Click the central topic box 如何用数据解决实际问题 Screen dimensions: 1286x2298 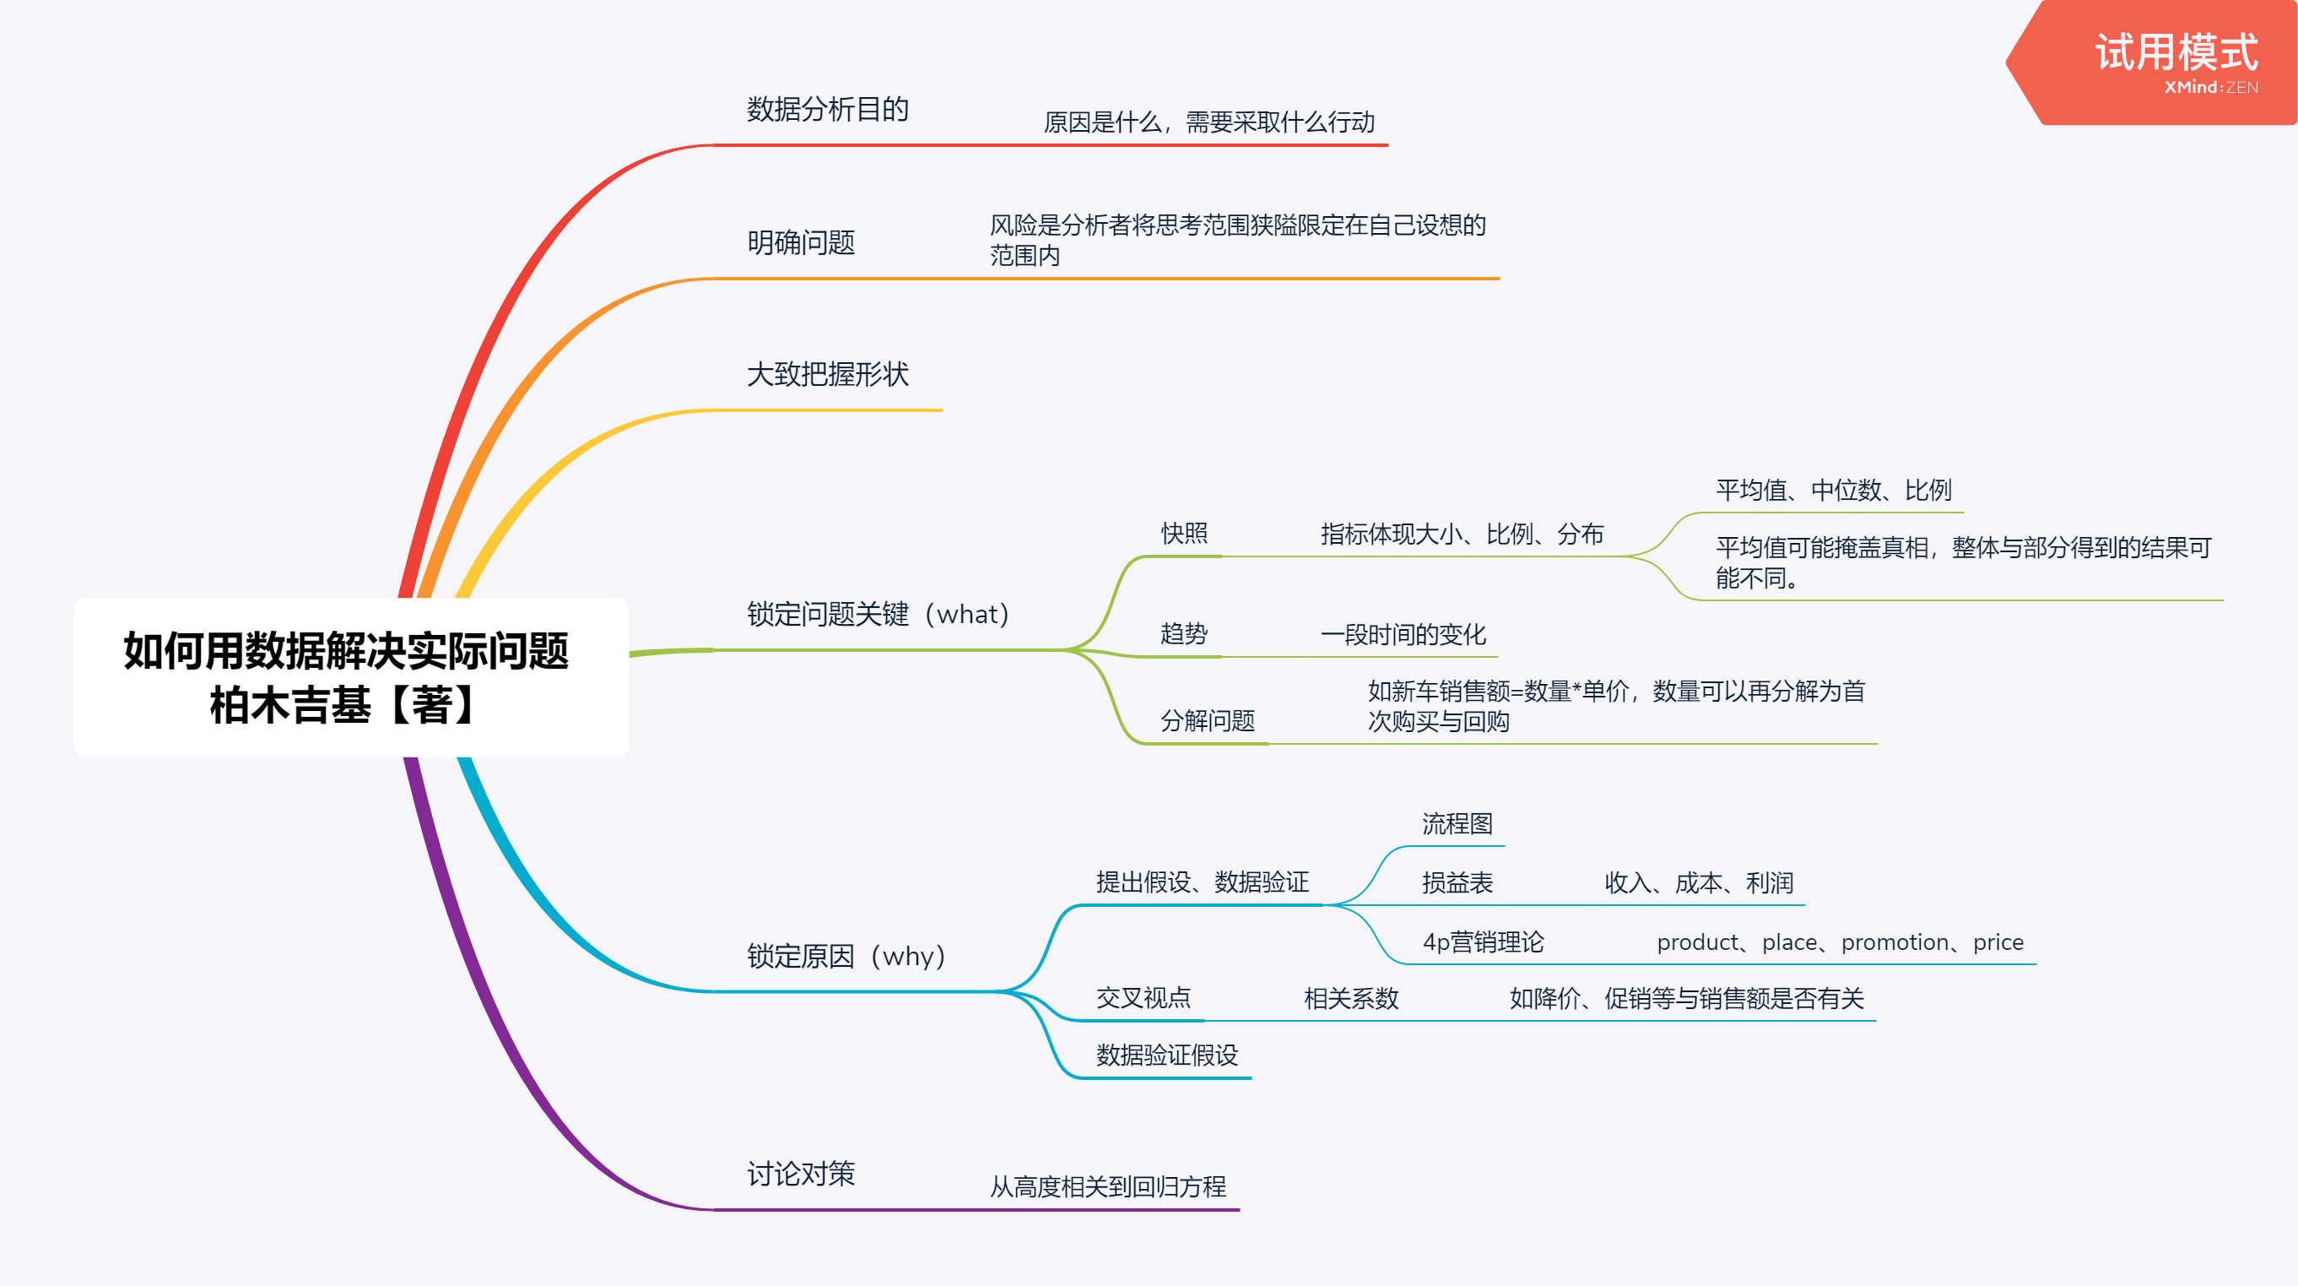pos(350,677)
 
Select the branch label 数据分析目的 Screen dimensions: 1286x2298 pos(827,110)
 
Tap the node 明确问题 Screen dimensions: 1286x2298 pos(800,242)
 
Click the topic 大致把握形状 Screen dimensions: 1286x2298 pos(827,375)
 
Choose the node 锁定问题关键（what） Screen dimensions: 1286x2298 pos(878,614)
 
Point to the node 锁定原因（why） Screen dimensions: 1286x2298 pos(846,956)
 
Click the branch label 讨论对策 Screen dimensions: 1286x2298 pos(800,1174)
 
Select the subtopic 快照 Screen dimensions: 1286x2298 pos(1184,534)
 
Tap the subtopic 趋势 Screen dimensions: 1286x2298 pos(1184,633)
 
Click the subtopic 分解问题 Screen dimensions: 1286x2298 pos(1207,720)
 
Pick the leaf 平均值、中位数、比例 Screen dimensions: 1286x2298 pos(1833,490)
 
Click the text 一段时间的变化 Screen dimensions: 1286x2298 pos(1403,634)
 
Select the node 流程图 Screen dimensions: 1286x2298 pos(1457,824)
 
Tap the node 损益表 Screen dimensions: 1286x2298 pos(1457,882)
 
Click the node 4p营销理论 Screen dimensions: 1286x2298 pos(1483,941)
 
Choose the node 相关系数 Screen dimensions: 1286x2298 pos(1350,999)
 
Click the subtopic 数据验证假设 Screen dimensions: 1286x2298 pos(1167,1055)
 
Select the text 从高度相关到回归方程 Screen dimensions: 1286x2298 pos(1108,1186)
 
